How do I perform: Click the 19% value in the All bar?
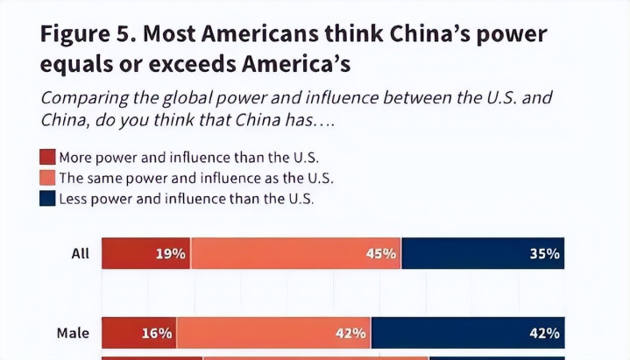coord(171,254)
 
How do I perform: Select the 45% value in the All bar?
coord(382,254)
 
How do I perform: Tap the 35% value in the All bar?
coord(544,254)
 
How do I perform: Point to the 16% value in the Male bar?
coord(156,333)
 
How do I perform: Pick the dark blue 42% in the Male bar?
coord(544,333)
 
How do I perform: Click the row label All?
coord(81,254)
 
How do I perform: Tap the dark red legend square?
coord(47,159)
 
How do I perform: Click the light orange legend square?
coord(47,179)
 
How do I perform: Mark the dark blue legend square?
coord(47,199)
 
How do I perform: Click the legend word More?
coord(75,159)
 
